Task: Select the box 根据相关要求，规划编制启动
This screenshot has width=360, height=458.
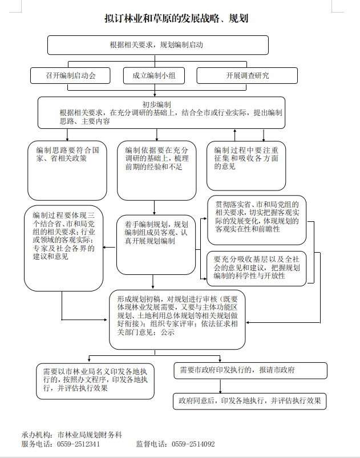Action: (157, 44)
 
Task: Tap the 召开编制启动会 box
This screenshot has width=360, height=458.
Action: (71, 75)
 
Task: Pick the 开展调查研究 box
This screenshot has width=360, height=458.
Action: (247, 75)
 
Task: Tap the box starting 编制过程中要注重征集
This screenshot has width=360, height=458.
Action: (245, 165)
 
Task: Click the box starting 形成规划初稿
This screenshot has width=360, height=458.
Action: (177, 318)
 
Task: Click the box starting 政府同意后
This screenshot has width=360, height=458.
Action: (250, 400)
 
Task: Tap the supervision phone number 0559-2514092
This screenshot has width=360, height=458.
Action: (193, 444)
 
